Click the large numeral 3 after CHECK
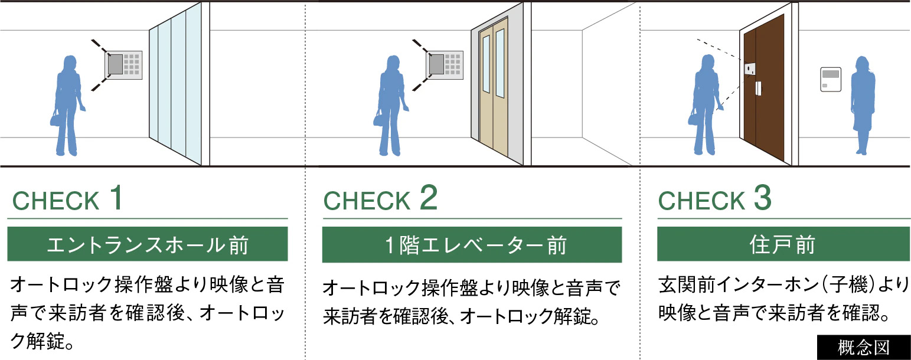pyautogui.click(x=762, y=198)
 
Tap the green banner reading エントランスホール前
pyautogui.click(x=148, y=244)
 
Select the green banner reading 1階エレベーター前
pyautogui.click(x=472, y=244)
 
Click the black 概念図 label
pyautogui.click(x=863, y=347)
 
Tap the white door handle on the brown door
pyautogui.click(x=758, y=89)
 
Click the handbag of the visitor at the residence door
pyautogui.click(x=695, y=118)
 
